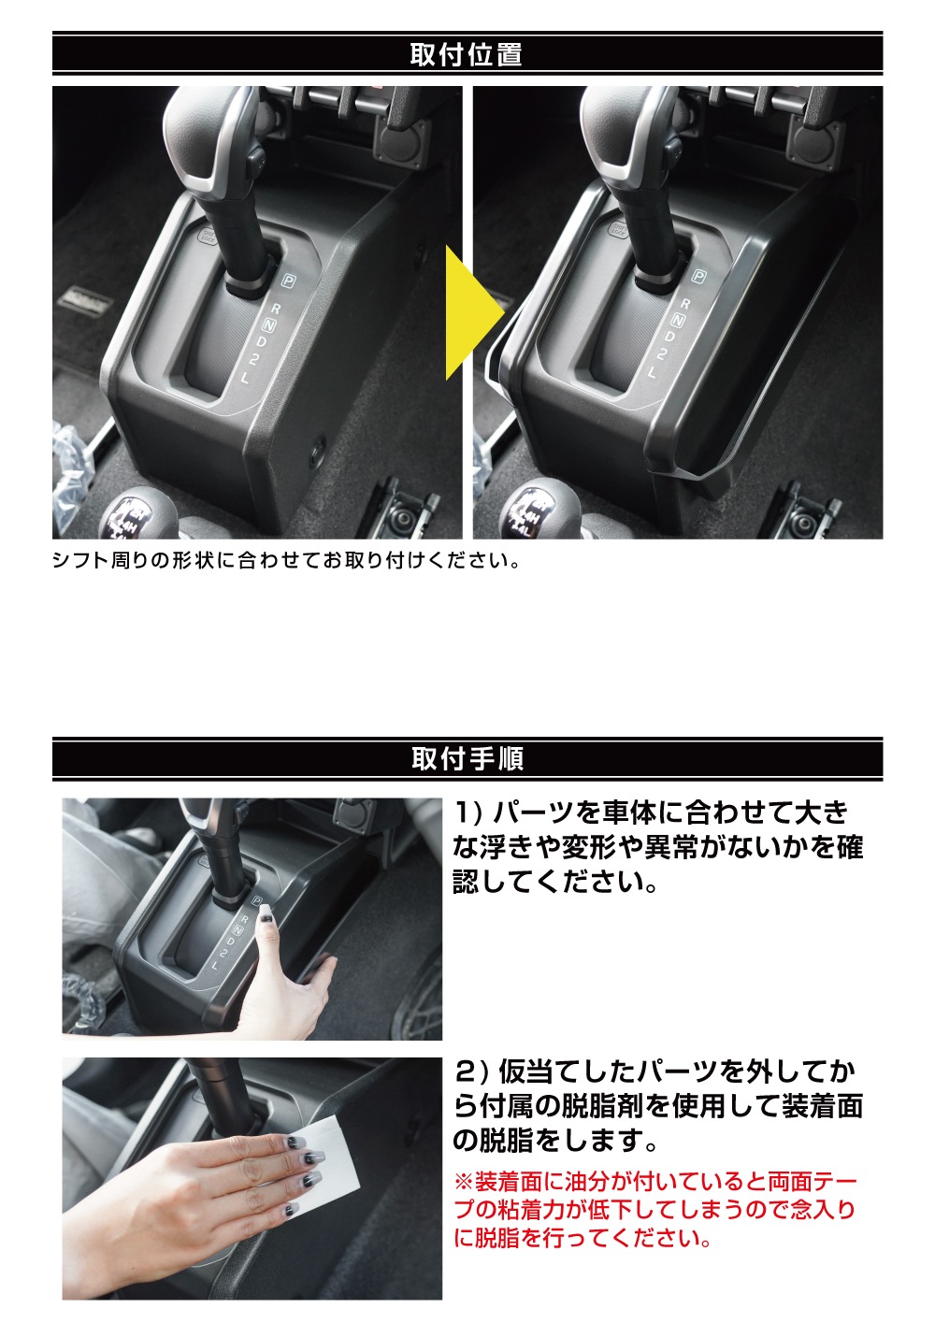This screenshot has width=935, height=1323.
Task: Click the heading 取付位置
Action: pos(467,54)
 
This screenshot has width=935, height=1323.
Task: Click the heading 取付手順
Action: pos(467,758)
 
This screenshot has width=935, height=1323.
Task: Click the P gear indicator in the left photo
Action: pos(288,280)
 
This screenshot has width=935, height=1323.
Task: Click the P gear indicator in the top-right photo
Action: pos(698,276)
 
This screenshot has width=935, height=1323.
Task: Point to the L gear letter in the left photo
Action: pos(245,379)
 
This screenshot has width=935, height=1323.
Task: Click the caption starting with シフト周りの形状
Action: pos(285,561)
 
